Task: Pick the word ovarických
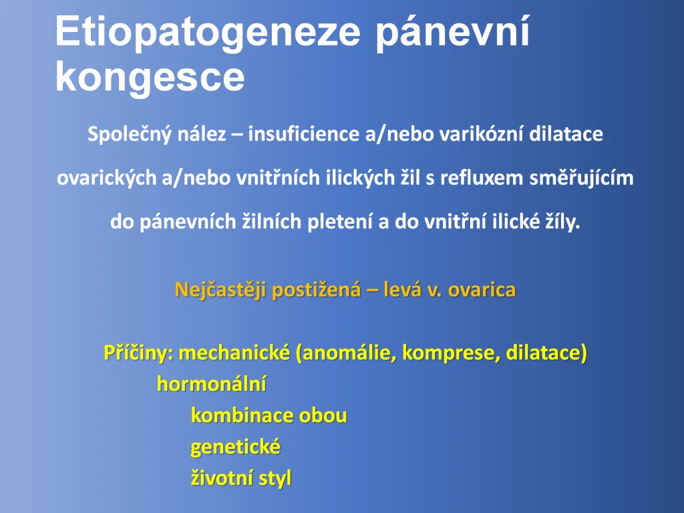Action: [106, 178]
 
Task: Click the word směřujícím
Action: [582, 178]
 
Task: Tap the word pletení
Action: [340, 222]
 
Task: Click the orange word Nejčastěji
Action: [220, 290]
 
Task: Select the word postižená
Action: [317, 290]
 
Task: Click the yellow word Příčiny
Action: [138, 353]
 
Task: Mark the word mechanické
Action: [234, 353]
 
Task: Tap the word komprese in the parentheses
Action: [451, 353]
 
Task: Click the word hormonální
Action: [212, 384]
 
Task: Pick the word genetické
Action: [236, 447]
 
